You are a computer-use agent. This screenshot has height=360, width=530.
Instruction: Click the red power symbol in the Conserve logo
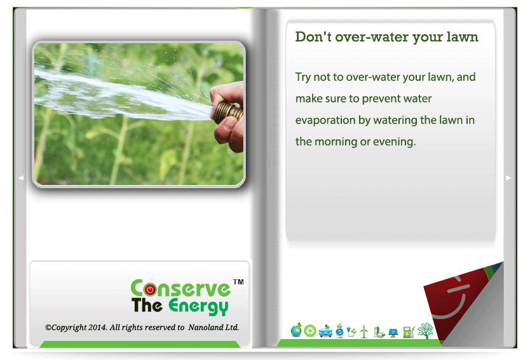pyautogui.click(x=150, y=289)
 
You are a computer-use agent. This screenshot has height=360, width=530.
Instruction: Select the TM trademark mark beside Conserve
pyautogui.click(x=238, y=282)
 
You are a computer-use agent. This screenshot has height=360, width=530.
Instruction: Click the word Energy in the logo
pyautogui.click(x=198, y=306)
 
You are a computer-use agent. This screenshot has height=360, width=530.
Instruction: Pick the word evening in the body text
pyautogui.click(x=394, y=142)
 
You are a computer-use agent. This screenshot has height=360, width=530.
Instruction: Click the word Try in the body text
pyautogui.click(x=303, y=78)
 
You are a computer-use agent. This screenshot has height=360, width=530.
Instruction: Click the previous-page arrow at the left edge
pyautogui.click(x=21, y=177)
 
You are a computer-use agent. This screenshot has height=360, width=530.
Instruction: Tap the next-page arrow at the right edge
pyautogui.click(x=508, y=177)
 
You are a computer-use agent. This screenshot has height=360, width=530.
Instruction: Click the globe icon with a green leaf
pyautogui.click(x=296, y=330)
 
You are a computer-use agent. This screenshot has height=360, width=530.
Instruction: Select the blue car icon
pyautogui.click(x=325, y=331)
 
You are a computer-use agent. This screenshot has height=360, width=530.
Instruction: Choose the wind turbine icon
pyautogui.click(x=364, y=331)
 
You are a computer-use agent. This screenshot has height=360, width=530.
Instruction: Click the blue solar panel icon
pyautogui.click(x=393, y=333)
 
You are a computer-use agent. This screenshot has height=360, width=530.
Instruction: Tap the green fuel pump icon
pyautogui.click(x=409, y=332)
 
